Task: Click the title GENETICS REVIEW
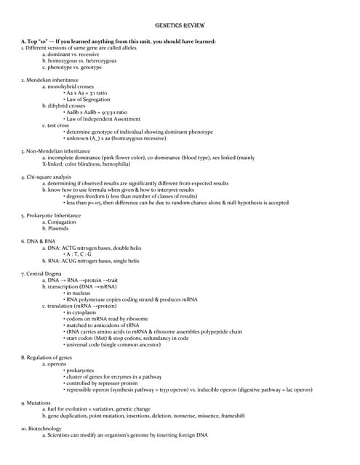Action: tap(180, 25)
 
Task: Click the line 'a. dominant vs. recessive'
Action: tap(71, 54)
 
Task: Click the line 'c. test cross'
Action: tap(55, 125)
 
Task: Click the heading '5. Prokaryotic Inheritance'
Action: tap(51, 215)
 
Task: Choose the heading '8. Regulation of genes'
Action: tap(47, 357)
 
